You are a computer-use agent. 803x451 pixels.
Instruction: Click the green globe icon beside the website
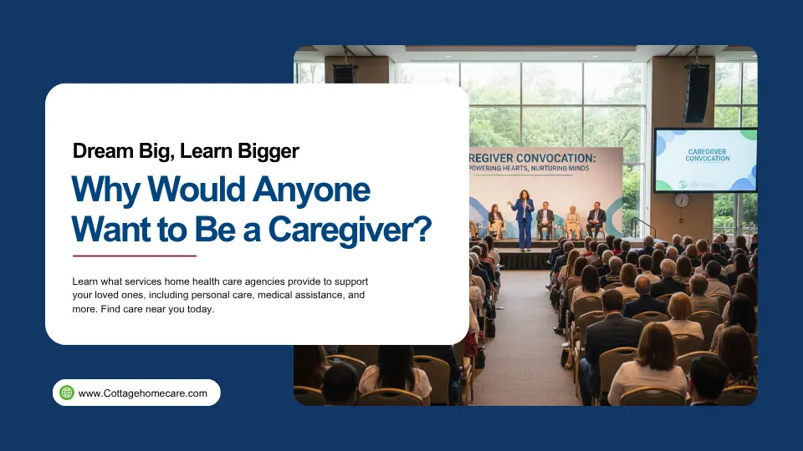[x=67, y=393]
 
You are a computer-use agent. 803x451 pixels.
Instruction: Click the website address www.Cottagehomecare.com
[x=142, y=393]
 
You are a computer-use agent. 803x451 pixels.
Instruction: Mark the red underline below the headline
[x=134, y=256]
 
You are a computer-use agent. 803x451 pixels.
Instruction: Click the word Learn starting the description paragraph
[x=85, y=281]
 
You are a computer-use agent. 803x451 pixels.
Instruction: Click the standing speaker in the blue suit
[x=523, y=219]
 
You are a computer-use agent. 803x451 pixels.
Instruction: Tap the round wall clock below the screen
[x=682, y=200]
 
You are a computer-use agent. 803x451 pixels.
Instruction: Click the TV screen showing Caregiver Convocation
[x=705, y=160]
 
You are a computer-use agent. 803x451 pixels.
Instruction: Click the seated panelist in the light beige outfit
[x=573, y=221]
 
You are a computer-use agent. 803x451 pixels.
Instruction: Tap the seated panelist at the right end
[x=596, y=220]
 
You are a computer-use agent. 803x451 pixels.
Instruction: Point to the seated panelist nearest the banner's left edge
[x=496, y=220]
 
